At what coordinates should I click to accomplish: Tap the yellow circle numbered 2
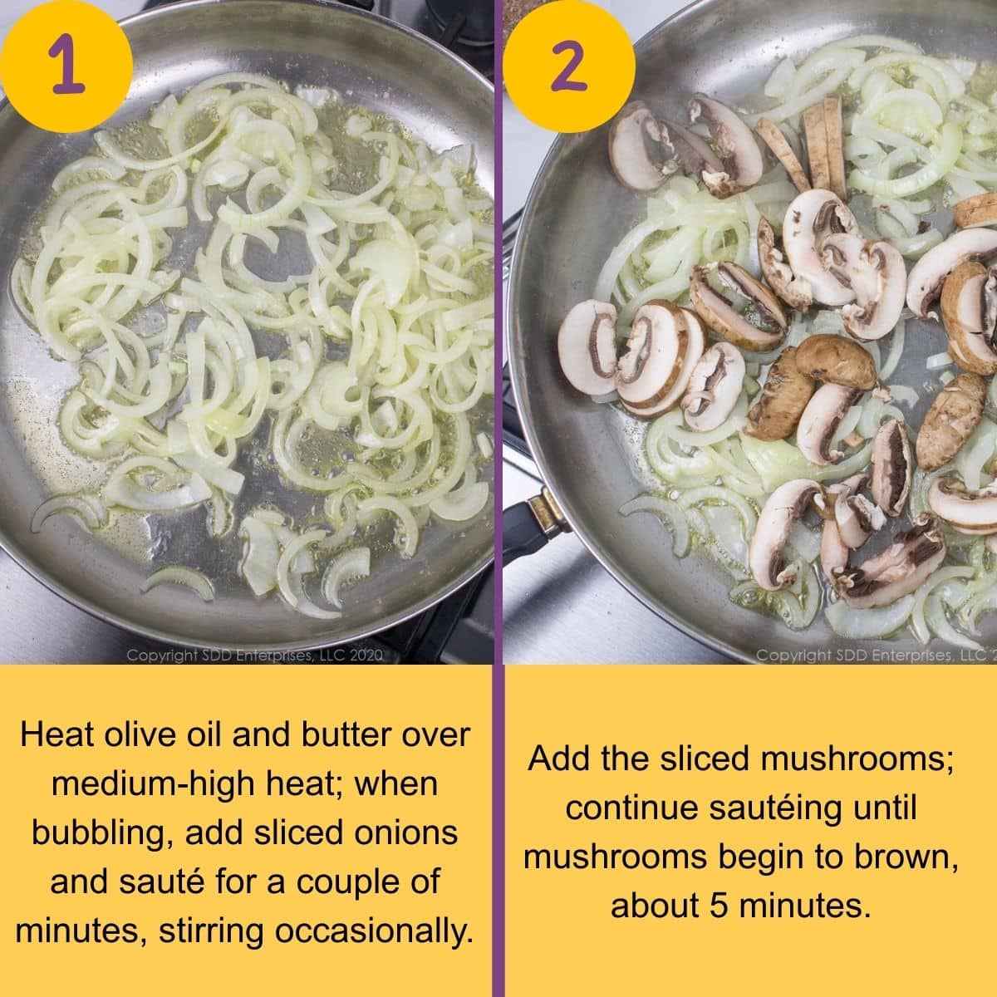pyautogui.click(x=568, y=65)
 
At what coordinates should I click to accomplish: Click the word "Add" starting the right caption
pyautogui.click(x=557, y=759)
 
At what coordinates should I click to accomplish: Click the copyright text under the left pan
pyautogui.click(x=254, y=656)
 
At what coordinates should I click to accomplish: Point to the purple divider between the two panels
pyautogui.click(x=498, y=498)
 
